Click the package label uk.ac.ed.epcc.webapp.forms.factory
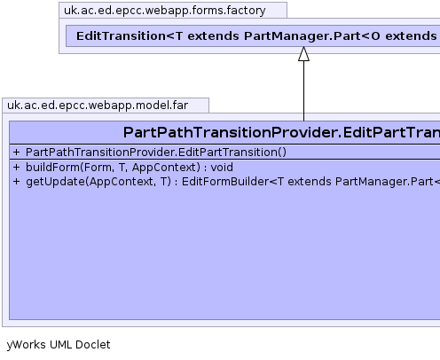(x=165, y=11)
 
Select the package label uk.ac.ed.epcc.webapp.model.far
(x=98, y=106)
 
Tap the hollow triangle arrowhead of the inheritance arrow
(x=303, y=54)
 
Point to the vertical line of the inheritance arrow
(x=303, y=91)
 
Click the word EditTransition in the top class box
(x=121, y=36)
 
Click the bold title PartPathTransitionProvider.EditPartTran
(x=281, y=132)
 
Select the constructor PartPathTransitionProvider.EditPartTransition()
(x=156, y=153)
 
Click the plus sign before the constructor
(x=16, y=153)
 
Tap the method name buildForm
(x=53, y=168)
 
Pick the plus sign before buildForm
(x=16, y=168)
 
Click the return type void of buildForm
(x=222, y=168)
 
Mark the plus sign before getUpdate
(x=16, y=182)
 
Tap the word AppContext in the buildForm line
(x=164, y=168)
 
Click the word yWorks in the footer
(x=27, y=345)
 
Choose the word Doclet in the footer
(x=93, y=345)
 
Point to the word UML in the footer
(x=60, y=345)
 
